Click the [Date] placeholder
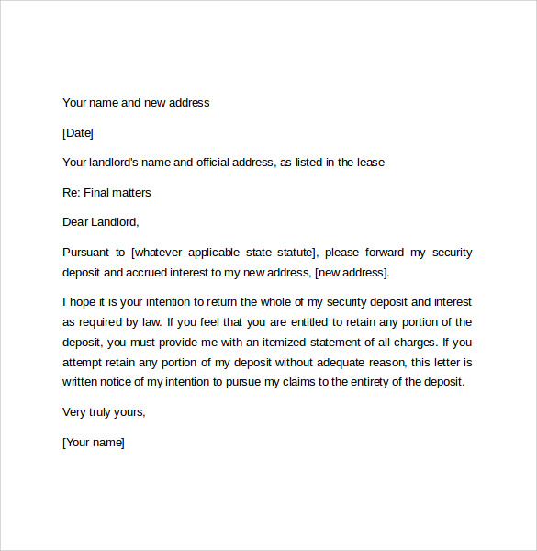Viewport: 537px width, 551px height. point(78,133)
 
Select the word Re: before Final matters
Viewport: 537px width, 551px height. point(72,193)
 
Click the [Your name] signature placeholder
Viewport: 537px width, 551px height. point(93,443)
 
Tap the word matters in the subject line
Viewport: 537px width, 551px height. point(131,193)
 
